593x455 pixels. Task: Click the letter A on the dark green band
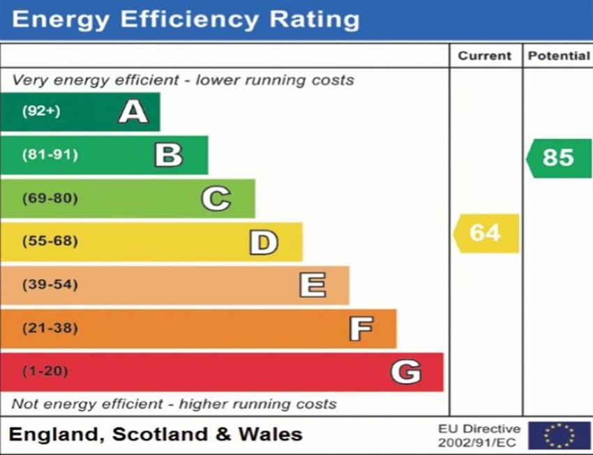133,112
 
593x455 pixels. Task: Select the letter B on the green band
169,155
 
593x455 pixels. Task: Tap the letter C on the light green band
216,199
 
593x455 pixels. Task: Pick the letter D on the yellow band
264,242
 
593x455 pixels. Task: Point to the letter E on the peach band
312,285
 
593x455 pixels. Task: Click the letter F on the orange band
361,329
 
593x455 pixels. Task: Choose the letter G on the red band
405,372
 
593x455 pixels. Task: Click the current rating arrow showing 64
486,233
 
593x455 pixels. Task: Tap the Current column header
485,56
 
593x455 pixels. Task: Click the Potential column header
558,56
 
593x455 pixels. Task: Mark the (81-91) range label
50,155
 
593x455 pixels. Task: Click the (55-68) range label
50,242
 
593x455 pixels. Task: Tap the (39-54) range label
50,285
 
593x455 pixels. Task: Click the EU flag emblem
559,435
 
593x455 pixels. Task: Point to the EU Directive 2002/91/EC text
479,435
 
